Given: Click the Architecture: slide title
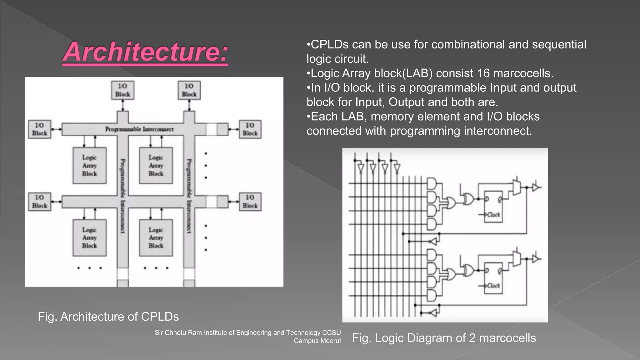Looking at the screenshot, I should (145, 52).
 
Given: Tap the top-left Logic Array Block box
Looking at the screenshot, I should (90, 166).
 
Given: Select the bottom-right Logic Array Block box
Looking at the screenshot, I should (156, 238).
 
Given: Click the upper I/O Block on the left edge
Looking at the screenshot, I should (40, 129).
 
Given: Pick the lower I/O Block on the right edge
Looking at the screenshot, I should (250, 202).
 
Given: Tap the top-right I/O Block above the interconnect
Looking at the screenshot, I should (189, 90).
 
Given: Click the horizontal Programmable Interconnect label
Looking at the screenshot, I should (139, 129).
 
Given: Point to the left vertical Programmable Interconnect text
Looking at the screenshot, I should (123, 196).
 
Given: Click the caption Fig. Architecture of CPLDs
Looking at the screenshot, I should (108, 317).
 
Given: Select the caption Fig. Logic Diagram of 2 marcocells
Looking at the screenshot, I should (444, 338).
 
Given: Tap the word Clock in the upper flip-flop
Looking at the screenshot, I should (493, 215).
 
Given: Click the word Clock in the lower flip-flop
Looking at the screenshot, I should (493, 286).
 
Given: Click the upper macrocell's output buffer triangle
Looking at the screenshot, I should (535, 187).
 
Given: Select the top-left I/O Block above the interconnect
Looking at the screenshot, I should (123, 90).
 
